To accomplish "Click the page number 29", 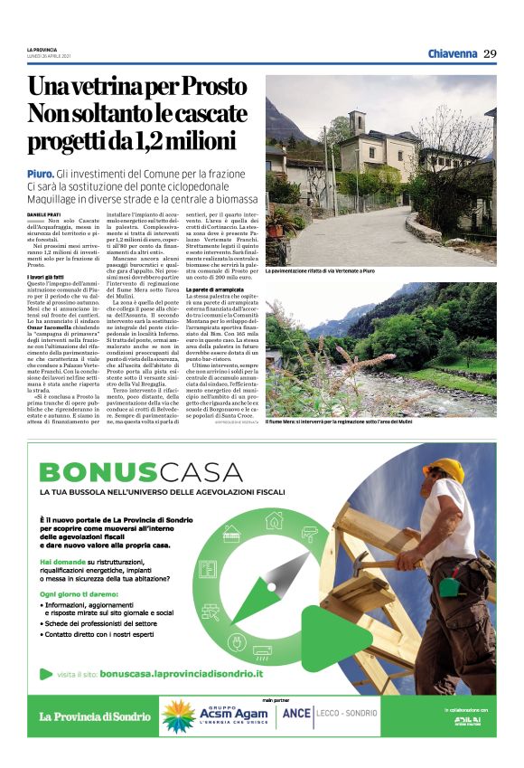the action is [490, 53].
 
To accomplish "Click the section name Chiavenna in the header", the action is [452, 53].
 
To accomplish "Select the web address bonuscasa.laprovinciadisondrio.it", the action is [181, 674].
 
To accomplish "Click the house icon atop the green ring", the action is [273, 520].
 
